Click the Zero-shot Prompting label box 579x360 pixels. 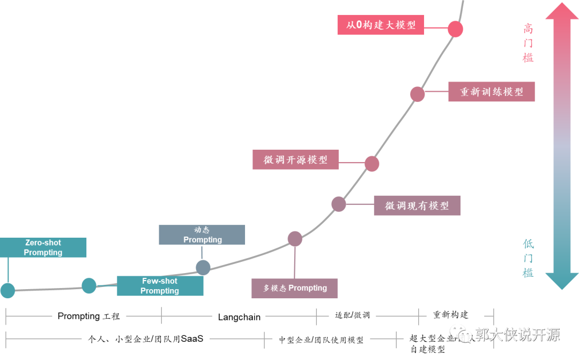point(43,248)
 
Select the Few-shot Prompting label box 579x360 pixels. point(160,286)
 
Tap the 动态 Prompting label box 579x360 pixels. point(202,235)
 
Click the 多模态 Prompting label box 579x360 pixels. point(294,288)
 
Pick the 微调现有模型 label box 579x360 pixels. point(417,205)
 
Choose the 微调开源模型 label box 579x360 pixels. point(295,160)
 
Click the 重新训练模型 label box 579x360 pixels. point(492,92)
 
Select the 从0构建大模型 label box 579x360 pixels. point(380,25)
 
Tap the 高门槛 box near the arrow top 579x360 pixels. point(530,43)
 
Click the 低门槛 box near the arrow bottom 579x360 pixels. point(530,258)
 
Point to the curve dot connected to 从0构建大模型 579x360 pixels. point(455,28)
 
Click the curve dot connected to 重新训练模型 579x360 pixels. point(418,94)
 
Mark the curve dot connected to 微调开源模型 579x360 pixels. point(372,164)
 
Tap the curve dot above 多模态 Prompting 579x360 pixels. point(295,239)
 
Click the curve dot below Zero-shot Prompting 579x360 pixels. point(8,290)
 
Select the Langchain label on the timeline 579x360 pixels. point(239,317)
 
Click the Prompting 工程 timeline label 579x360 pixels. point(89,316)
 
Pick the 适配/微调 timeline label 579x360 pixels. point(352,315)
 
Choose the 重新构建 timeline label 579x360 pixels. point(450,314)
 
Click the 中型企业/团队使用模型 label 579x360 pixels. point(321,340)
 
